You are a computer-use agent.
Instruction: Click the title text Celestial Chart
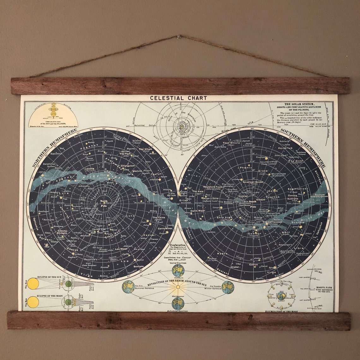coord(178,98)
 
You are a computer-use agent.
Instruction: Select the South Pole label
coord(253,204)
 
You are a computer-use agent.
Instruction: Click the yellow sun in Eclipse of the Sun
coord(33,284)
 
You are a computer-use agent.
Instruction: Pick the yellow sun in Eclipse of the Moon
coord(33,302)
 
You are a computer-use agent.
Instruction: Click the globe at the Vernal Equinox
coord(178,270)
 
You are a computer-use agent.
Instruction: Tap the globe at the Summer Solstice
coord(128,287)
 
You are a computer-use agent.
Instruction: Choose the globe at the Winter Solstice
coord(228,287)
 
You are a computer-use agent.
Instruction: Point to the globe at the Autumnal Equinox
coord(178,303)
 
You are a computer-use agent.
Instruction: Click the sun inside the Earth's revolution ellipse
coord(178,287)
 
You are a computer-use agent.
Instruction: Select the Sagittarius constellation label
coord(297,189)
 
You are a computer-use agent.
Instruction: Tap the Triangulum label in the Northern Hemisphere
coord(128,165)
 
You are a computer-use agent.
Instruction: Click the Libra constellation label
coord(299,248)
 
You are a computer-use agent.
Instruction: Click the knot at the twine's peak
coord(179,37)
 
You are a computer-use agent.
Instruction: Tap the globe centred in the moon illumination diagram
coord(281,296)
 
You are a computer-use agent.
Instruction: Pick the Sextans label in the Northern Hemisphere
coord(138,267)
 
